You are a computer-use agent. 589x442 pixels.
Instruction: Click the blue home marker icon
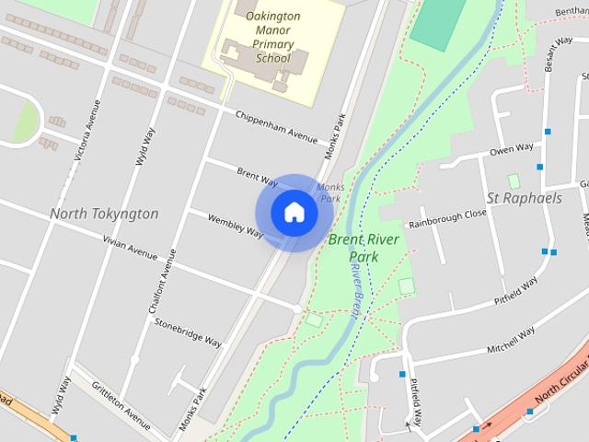pyautogui.click(x=294, y=213)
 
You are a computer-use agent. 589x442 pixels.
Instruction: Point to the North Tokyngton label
pyautogui.click(x=104, y=214)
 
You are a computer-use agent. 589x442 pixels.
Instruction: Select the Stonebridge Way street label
pyautogui.click(x=189, y=332)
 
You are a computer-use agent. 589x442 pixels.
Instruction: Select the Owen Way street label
pyautogui.click(x=511, y=149)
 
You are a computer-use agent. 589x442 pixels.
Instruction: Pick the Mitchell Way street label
pyautogui.click(x=511, y=342)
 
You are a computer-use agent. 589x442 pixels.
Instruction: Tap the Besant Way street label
pyautogui.click(x=558, y=55)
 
